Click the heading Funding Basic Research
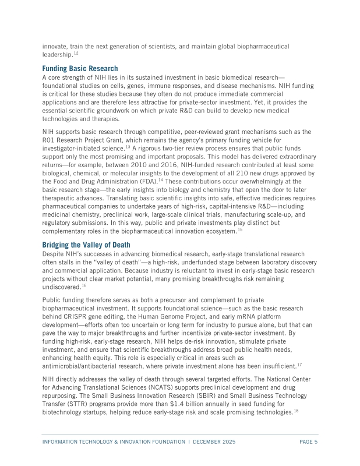click(x=80, y=68)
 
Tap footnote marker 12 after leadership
click(x=76, y=53)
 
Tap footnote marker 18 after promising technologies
click(x=295, y=411)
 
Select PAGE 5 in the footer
click(x=308, y=442)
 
